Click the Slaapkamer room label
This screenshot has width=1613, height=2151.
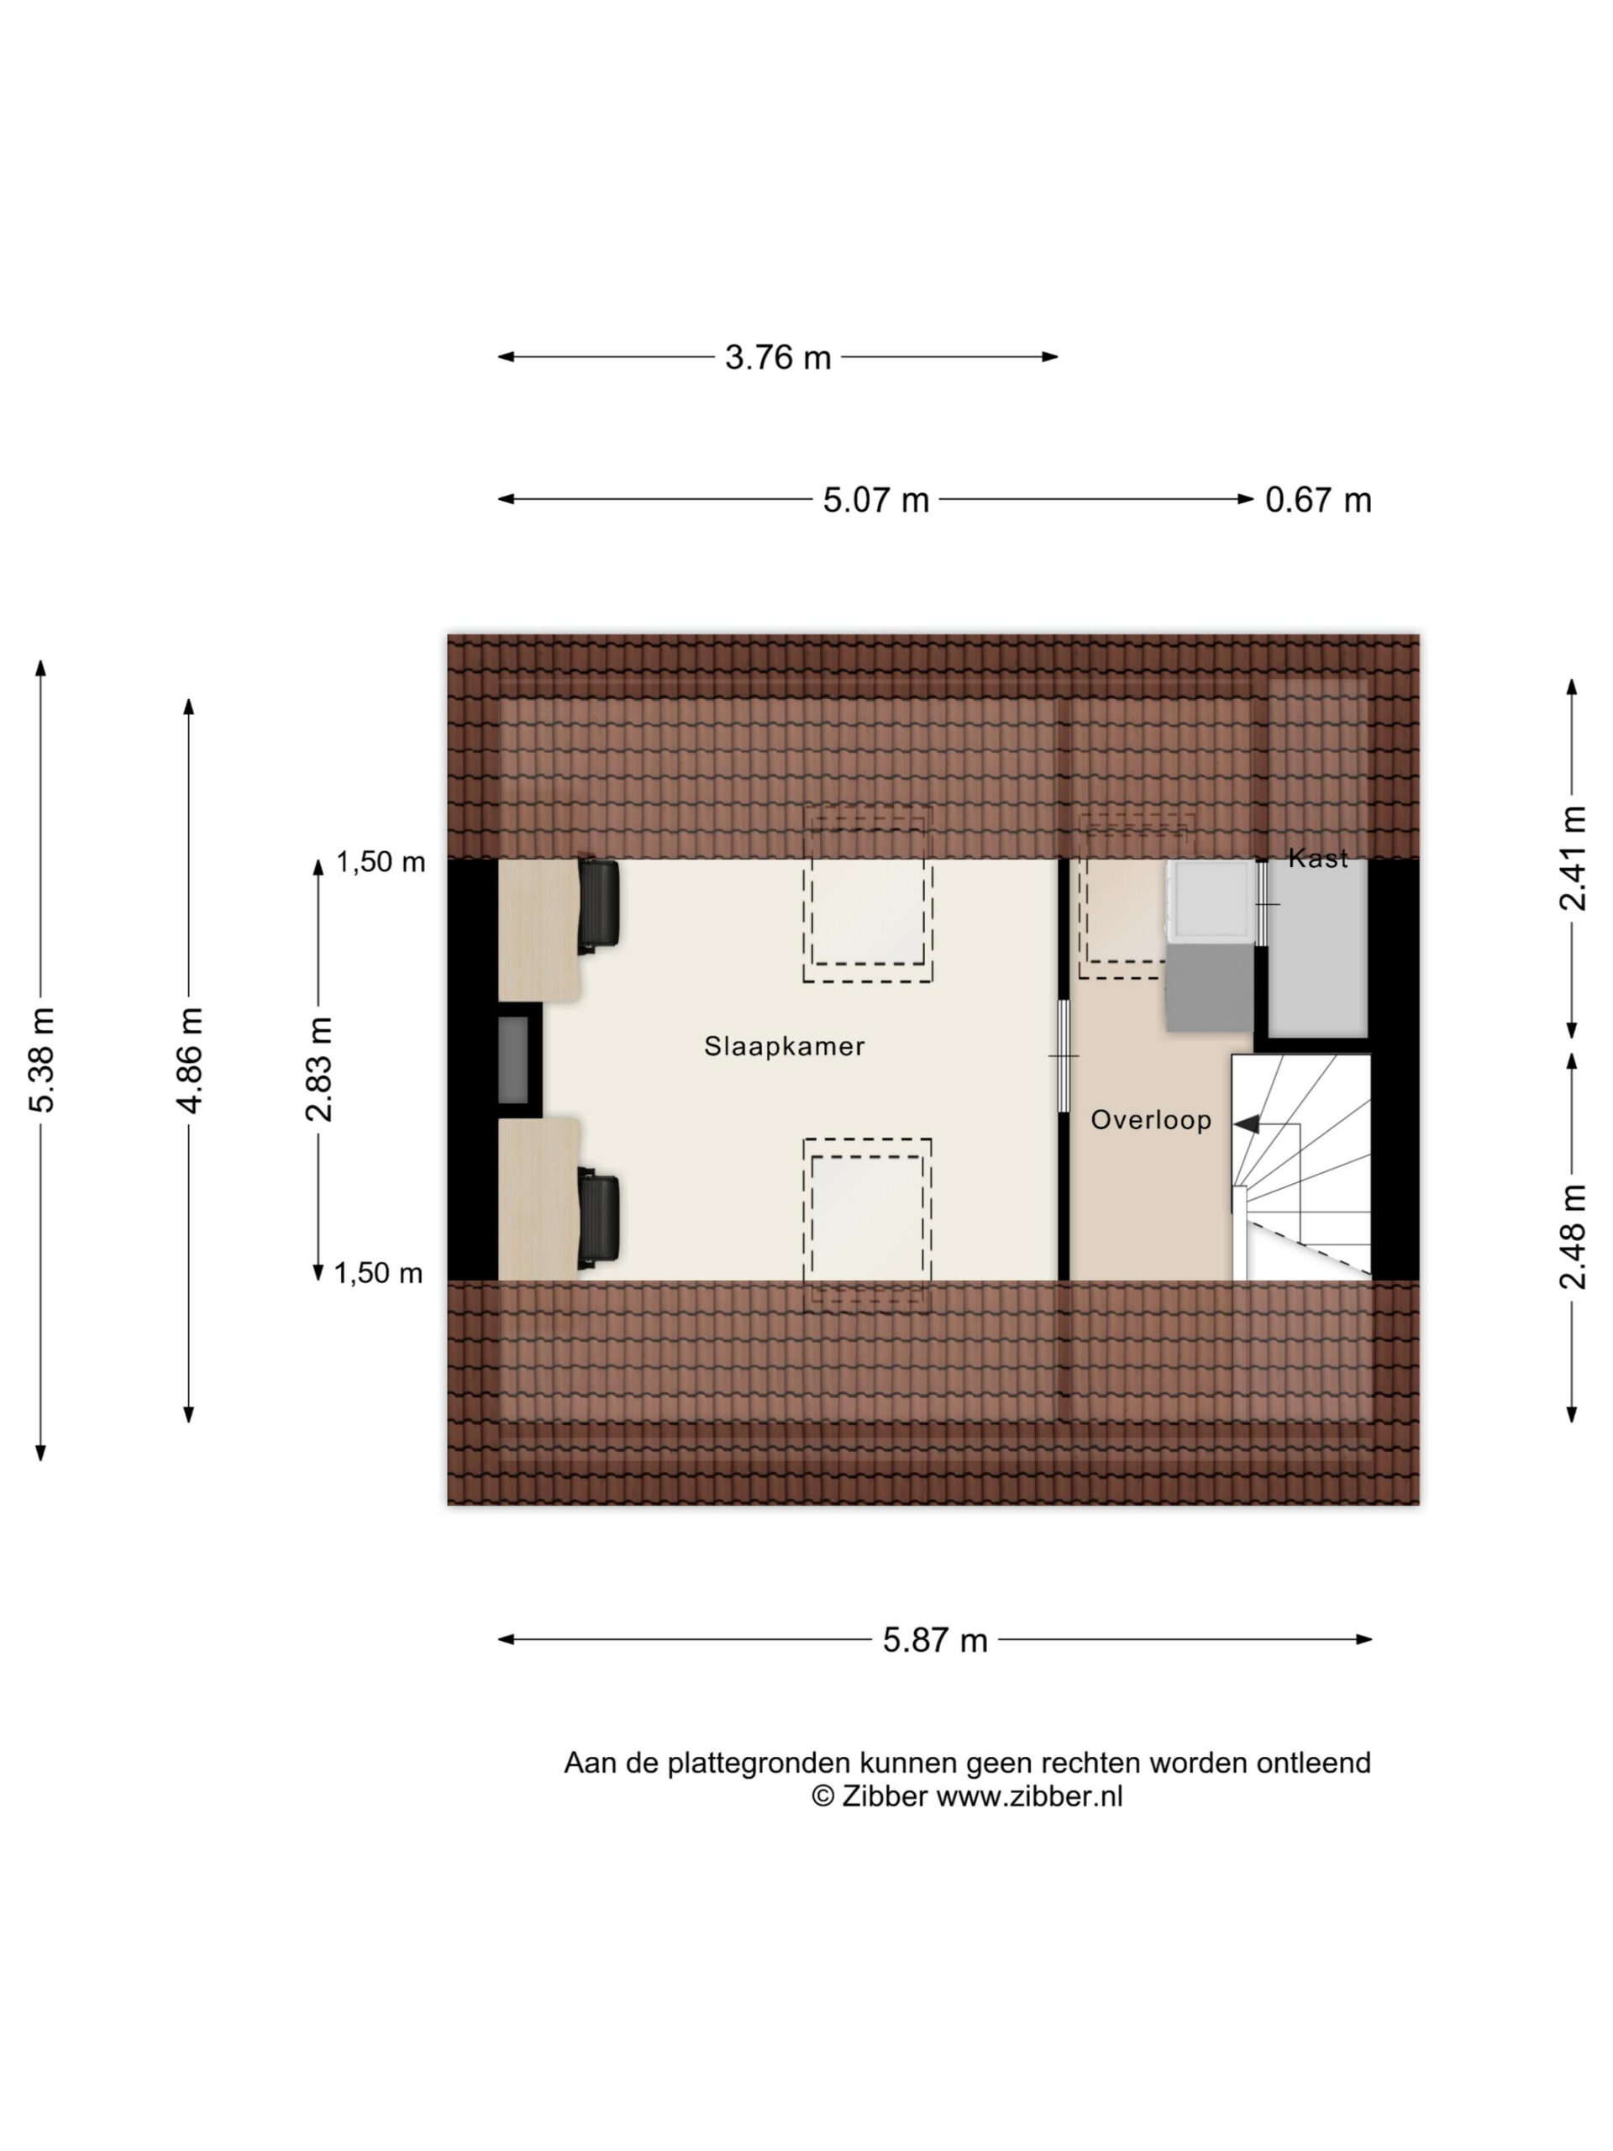pyautogui.click(x=784, y=1046)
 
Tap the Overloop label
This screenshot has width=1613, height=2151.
pyautogui.click(x=1150, y=1119)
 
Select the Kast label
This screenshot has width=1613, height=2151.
pyautogui.click(x=1317, y=858)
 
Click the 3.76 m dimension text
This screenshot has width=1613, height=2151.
pyautogui.click(x=778, y=358)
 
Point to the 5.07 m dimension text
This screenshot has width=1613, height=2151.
pyautogui.click(x=876, y=500)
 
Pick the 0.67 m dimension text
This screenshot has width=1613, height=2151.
pyautogui.click(x=1317, y=500)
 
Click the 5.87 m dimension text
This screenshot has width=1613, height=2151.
pyautogui.click(x=934, y=1640)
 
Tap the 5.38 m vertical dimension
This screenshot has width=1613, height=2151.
pyautogui.click(x=42, y=1060)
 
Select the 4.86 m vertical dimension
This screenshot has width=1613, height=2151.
pyautogui.click(x=190, y=1060)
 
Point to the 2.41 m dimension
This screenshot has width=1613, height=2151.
pyautogui.click(x=1572, y=858)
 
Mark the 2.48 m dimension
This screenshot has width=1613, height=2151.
pyautogui.click(x=1572, y=1237)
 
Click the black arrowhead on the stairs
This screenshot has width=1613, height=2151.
pyautogui.click(x=1247, y=1124)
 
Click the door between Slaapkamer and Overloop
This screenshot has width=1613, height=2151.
pyautogui.click(x=1063, y=1056)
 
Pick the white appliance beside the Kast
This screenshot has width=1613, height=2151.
pyautogui.click(x=1211, y=902)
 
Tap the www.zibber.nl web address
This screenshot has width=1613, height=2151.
pyautogui.click(x=1028, y=1796)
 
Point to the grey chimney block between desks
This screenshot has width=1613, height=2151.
pyautogui.click(x=513, y=1060)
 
